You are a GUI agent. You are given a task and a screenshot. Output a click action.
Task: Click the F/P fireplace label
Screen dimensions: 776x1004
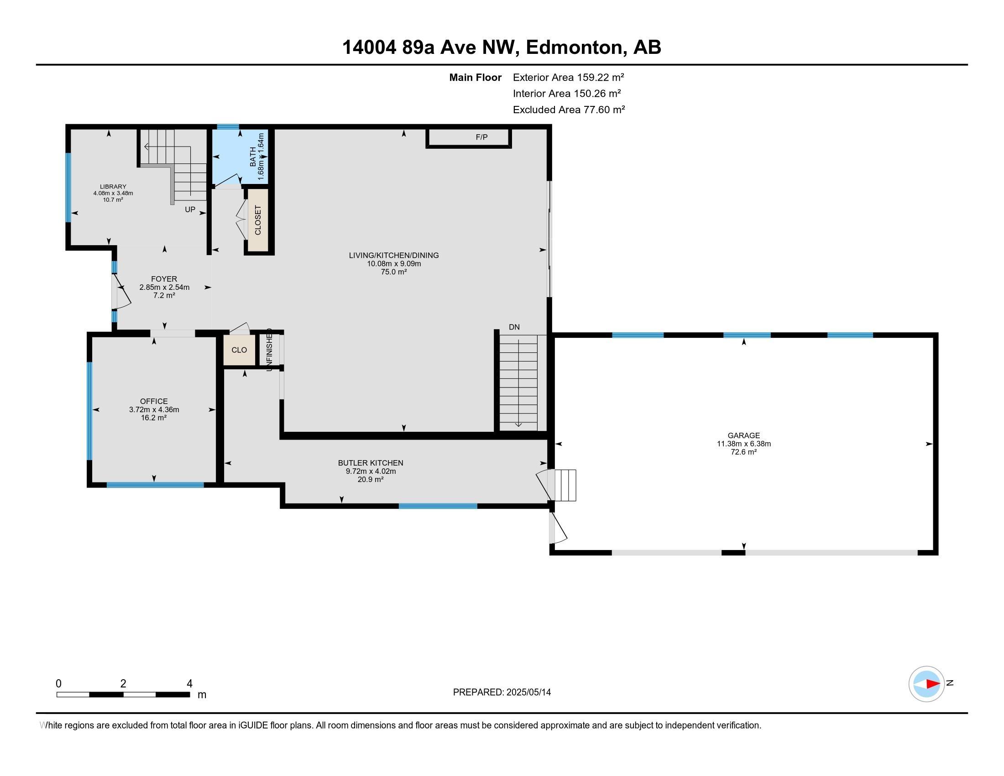481,137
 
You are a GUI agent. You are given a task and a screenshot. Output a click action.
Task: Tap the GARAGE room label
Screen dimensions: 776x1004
743,435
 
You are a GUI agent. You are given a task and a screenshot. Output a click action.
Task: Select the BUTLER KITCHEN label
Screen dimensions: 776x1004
371,463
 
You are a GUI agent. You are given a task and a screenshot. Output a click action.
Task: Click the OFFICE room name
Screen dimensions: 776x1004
154,401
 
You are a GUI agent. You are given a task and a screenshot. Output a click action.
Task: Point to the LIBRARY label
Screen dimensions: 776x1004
113,187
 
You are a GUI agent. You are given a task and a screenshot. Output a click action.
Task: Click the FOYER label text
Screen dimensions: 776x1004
164,279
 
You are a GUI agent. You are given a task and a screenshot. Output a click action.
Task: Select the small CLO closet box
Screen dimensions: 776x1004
239,350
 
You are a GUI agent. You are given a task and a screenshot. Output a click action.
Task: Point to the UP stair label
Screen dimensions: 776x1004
190,210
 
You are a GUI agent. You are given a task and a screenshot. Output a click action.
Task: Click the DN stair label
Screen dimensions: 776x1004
514,327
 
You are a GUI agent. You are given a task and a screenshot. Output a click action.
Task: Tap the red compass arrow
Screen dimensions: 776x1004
932,684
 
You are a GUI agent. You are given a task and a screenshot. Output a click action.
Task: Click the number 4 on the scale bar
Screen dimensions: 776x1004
189,684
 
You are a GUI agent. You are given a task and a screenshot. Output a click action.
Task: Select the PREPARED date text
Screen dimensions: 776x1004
502,692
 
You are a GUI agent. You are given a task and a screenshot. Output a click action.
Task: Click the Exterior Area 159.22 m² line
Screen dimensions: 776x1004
568,77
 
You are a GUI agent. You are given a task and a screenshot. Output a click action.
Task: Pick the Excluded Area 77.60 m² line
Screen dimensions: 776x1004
569,110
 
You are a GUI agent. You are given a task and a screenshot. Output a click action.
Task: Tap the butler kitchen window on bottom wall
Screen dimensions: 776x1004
438,506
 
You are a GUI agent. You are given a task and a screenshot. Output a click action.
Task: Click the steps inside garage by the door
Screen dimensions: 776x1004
565,485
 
